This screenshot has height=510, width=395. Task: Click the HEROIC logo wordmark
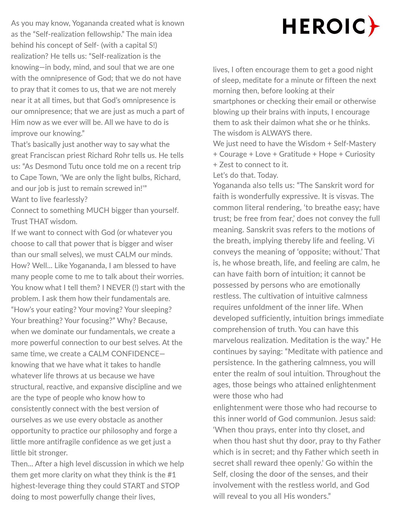(x=324, y=26)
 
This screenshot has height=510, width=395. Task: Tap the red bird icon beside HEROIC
(x=374, y=26)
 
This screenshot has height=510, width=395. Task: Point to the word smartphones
(x=234, y=101)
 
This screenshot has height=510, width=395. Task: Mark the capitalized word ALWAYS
(x=276, y=133)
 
